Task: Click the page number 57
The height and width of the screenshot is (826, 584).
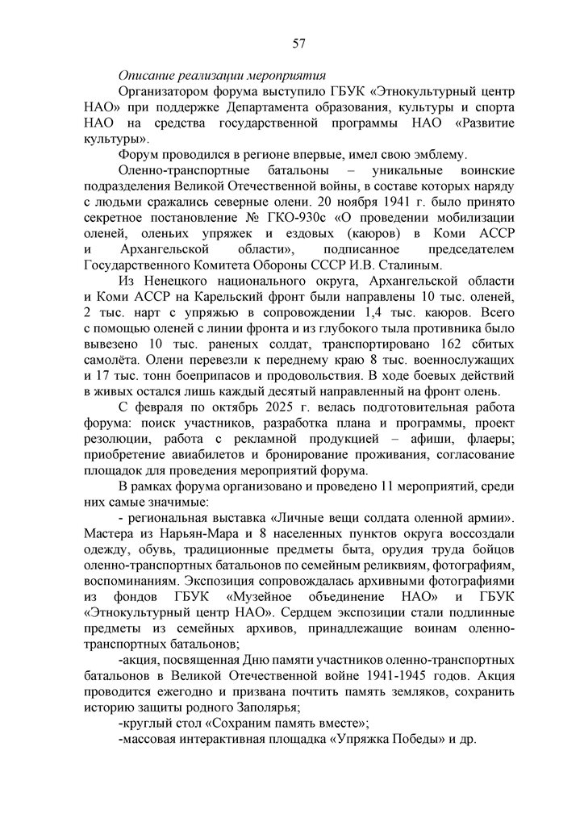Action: (x=298, y=43)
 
